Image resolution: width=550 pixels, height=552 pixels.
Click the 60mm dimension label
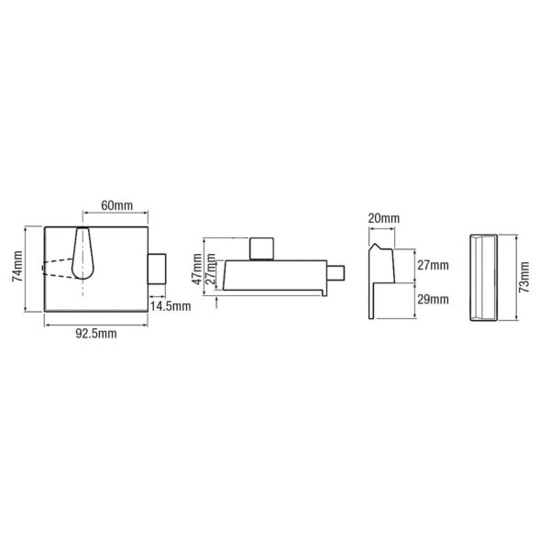116,205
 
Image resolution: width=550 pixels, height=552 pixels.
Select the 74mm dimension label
17,266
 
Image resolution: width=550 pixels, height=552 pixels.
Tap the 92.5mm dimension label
96,334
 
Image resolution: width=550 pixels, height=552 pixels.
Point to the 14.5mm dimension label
170,306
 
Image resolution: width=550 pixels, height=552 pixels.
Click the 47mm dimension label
198,269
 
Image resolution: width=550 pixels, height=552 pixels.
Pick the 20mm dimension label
383,218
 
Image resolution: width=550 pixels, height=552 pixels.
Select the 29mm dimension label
433,299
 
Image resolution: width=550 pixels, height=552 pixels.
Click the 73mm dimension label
524,277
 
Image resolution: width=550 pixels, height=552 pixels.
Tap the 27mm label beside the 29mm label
433,265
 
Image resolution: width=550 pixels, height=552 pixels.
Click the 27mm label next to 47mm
210,271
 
